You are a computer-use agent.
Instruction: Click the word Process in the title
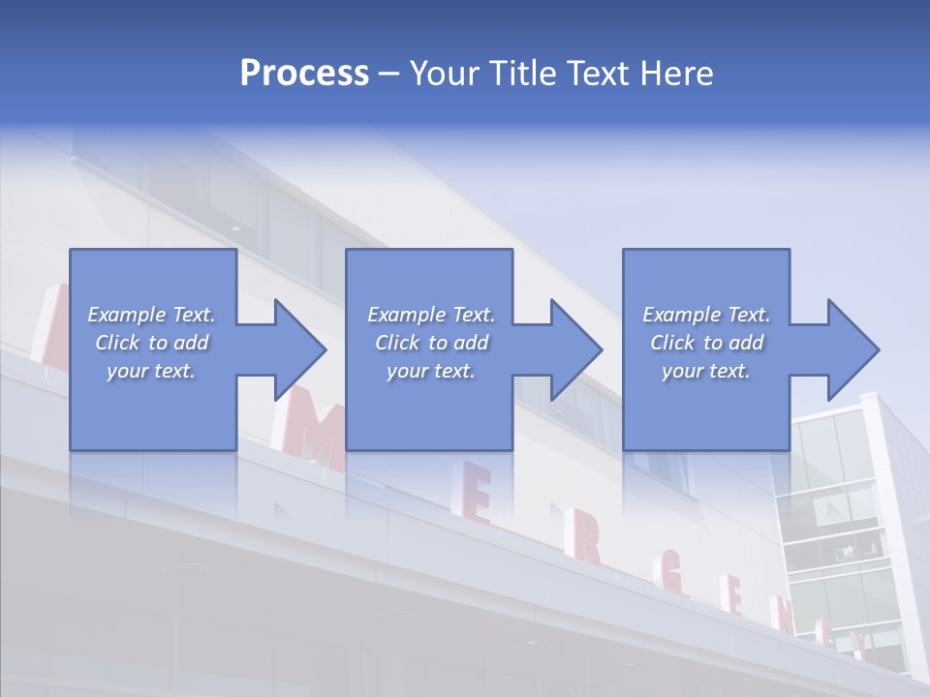pyautogui.click(x=304, y=74)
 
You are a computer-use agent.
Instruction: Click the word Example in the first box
pyautogui.click(x=127, y=315)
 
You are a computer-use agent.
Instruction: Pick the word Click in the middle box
pyautogui.click(x=395, y=343)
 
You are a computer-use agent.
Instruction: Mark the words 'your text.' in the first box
pyautogui.click(x=151, y=371)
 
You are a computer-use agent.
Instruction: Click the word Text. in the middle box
pyautogui.click(x=472, y=315)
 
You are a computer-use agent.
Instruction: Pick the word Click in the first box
pyautogui.click(x=116, y=343)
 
